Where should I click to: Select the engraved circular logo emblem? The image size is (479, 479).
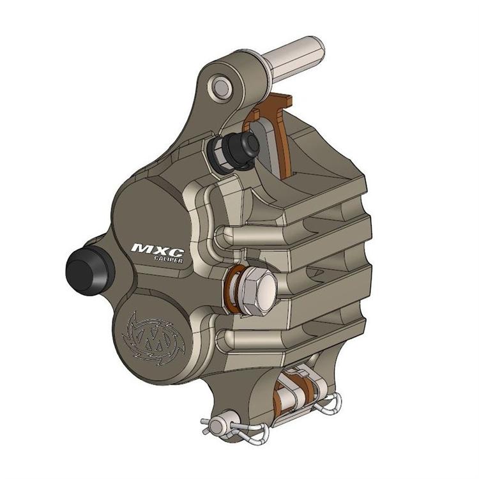point(151,333)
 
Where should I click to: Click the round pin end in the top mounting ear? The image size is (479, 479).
point(221,86)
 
